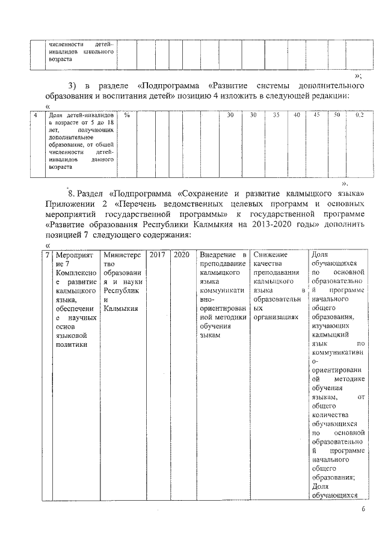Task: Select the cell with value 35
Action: click(276, 115)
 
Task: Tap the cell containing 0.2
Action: click(359, 115)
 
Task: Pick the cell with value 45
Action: click(317, 115)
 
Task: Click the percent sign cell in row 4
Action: click(127, 115)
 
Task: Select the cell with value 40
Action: click(297, 115)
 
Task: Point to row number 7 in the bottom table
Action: click(48, 255)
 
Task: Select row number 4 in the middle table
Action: click(38, 115)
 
